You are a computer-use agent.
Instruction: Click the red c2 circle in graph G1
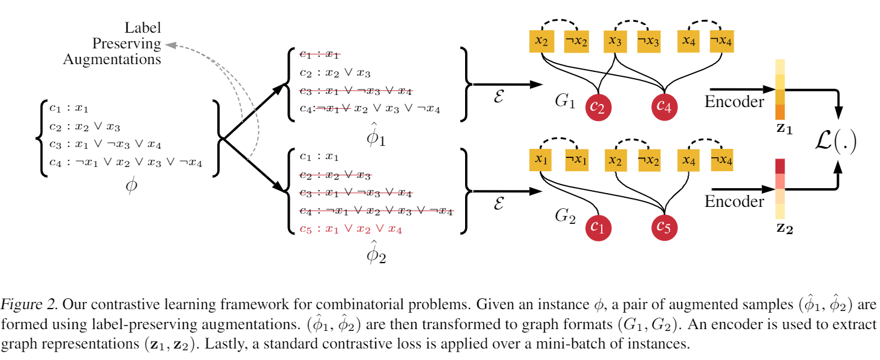pos(600,107)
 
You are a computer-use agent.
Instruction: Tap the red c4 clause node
pos(665,107)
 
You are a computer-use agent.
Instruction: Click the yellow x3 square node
pos(616,41)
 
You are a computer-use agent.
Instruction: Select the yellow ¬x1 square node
pos(576,160)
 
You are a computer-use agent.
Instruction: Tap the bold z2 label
pos(780,229)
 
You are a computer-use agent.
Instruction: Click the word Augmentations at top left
pos(112,59)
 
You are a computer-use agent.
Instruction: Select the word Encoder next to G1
pos(734,102)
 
